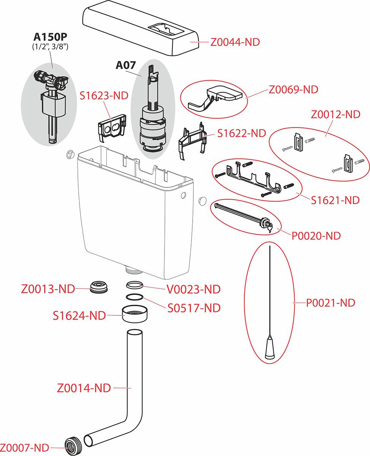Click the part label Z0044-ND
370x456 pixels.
235,42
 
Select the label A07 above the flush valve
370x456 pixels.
126,65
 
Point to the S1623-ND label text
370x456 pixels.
104,95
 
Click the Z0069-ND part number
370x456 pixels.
293,90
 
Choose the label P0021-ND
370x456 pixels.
330,303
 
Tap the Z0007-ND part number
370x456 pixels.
25,448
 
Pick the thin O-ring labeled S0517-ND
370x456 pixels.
135,298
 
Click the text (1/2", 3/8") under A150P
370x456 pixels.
51,47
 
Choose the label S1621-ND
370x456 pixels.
335,200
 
